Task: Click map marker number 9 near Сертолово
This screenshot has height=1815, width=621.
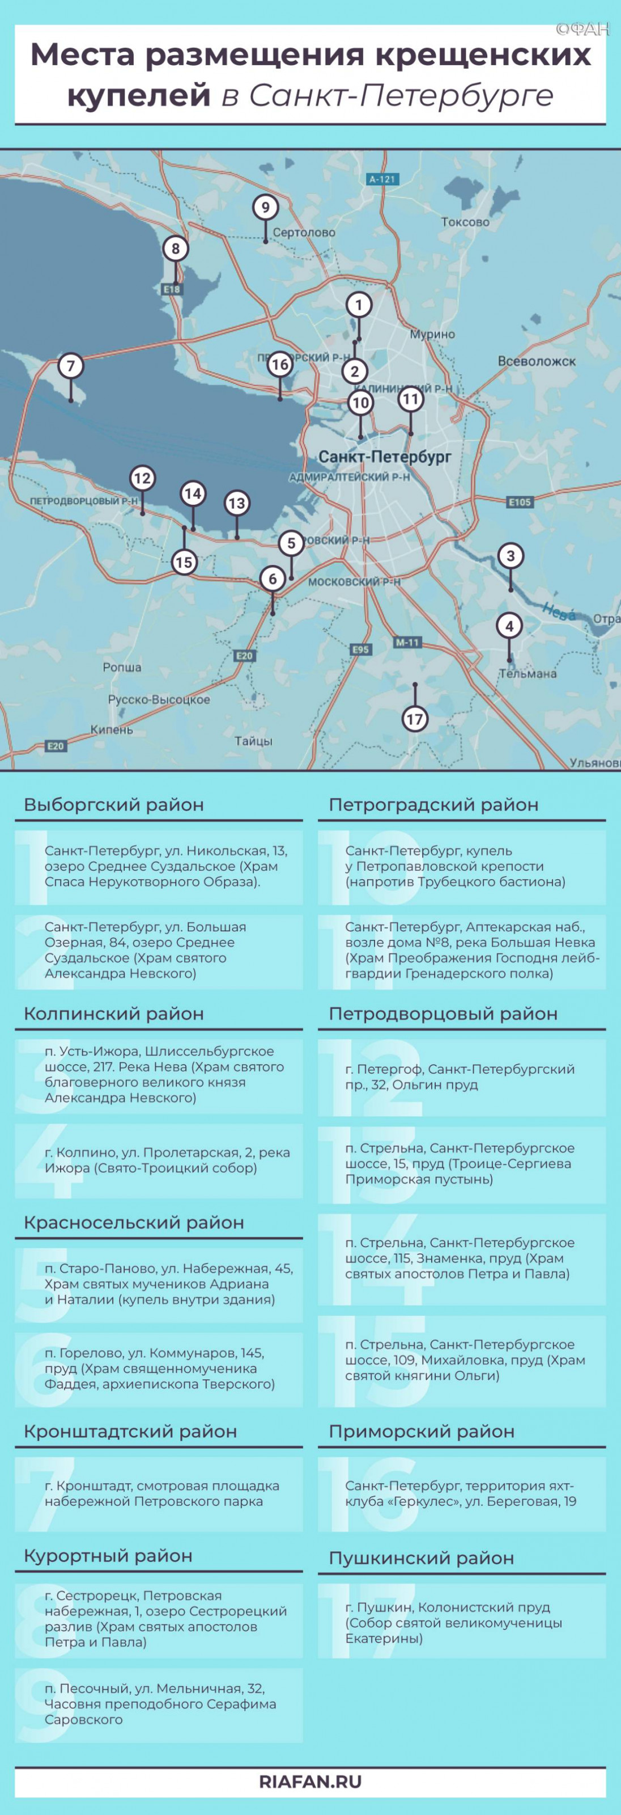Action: (265, 207)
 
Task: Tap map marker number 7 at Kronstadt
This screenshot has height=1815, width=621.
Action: (70, 366)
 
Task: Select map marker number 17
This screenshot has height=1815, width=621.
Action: (415, 719)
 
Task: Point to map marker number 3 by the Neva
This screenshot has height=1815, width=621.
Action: (511, 555)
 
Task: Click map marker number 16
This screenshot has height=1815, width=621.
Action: (280, 364)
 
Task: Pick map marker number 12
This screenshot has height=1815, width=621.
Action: (142, 478)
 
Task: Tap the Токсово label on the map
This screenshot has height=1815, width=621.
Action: (465, 222)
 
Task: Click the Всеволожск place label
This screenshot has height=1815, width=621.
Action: (537, 361)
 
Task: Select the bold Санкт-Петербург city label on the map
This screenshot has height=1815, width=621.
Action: (385, 457)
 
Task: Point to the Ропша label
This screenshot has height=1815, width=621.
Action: (122, 667)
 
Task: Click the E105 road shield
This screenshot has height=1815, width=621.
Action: (520, 503)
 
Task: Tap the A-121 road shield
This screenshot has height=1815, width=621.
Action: (382, 179)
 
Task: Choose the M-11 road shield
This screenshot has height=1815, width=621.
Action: (407, 643)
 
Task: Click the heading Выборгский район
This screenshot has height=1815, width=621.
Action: (114, 805)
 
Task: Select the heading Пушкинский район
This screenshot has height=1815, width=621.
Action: (421, 1558)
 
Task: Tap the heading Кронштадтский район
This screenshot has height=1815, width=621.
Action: (130, 1431)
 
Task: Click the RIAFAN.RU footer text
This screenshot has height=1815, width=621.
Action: (310, 1782)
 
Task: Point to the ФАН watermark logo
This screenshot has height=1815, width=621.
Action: (582, 29)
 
